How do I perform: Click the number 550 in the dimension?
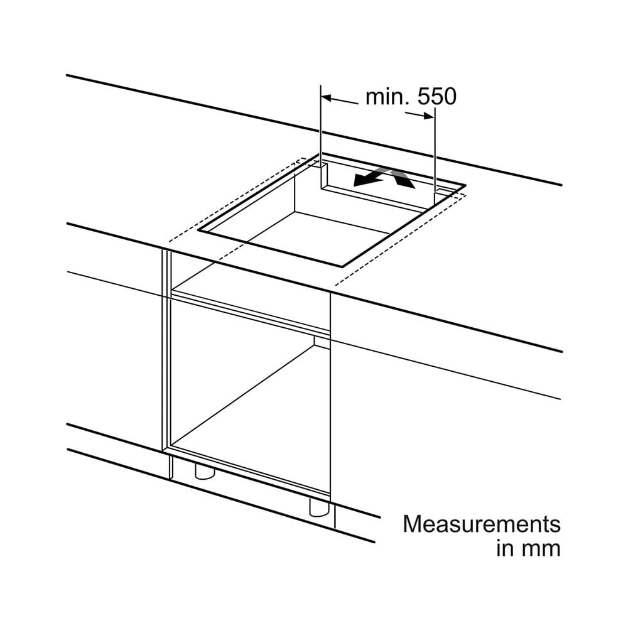437,97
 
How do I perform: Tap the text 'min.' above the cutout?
386,97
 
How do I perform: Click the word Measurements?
482,524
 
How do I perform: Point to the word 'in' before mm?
505,548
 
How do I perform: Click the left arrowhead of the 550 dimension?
327,97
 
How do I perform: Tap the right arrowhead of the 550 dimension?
428,116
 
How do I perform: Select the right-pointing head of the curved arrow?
404,182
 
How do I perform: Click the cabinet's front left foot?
204,472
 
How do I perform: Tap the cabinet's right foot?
319,507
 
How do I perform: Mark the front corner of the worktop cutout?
342,266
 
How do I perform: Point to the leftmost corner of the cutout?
198,230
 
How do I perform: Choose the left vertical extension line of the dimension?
321,136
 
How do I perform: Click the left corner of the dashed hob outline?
170,241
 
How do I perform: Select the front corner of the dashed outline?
335,284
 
